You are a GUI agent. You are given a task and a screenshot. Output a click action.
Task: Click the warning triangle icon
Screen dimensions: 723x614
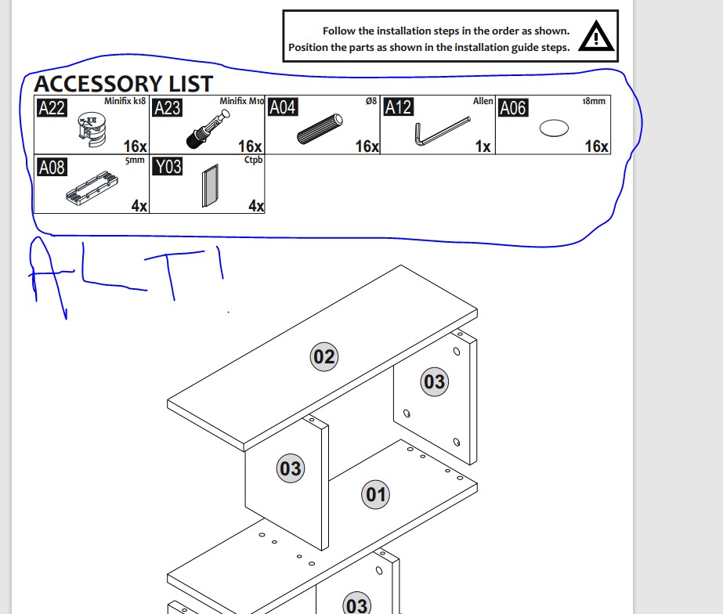[596, 36]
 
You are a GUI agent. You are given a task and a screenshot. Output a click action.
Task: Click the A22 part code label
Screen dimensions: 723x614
[52, 108]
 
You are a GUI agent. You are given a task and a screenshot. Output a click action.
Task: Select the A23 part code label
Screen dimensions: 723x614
[168, 108]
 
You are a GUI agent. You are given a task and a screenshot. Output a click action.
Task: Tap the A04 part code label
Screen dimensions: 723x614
[283, 107]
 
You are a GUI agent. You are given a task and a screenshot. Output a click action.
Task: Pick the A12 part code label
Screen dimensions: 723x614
[399, 107]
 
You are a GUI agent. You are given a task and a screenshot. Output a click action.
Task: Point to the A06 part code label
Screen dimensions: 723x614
[513, 108]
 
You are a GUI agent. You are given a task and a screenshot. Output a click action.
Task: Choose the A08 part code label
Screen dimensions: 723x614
[52, 168]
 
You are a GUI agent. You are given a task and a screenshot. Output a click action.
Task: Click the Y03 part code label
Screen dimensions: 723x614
[168, 166]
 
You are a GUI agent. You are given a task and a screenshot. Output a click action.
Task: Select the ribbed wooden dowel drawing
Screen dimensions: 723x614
[320, 128]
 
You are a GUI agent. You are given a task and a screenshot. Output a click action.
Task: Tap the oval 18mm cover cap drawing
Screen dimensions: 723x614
[554, 128]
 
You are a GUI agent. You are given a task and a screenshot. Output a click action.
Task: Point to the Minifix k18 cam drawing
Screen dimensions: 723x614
[92, 129]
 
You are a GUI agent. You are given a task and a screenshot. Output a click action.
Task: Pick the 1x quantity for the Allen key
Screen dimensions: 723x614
[483, 146]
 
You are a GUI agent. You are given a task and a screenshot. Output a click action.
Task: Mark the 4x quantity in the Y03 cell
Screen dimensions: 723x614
[256, 206]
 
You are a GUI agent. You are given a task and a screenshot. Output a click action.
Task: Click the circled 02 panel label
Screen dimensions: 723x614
[324, 357]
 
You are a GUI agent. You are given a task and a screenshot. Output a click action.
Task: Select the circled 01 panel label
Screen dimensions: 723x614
[375, 495]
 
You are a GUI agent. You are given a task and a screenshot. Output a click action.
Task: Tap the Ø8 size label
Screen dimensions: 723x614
[371, 101]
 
